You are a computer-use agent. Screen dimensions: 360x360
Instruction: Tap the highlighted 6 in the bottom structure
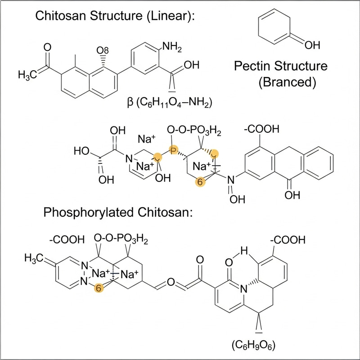coord(98,288)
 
